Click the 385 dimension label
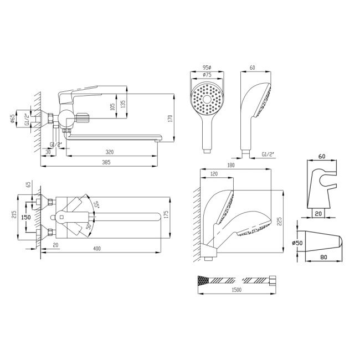106,162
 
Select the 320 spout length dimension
110,152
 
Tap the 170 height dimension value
170,119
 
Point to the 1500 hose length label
236,290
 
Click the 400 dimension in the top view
97,249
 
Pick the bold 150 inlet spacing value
25,217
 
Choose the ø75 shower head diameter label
207,75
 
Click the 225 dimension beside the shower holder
279,222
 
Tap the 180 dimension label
231,165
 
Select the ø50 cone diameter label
297,243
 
